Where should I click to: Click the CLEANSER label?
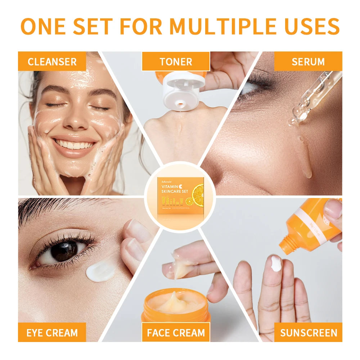(x=52, y=62)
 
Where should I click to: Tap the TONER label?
(x=176, y=62)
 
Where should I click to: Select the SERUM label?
(x=308, y=62)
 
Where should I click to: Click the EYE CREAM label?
(x=52, y=333)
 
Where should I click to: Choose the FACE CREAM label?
(x=176, y=333)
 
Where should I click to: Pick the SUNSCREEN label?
(x=308, y=333)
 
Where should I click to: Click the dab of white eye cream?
(x=100, y=271)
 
